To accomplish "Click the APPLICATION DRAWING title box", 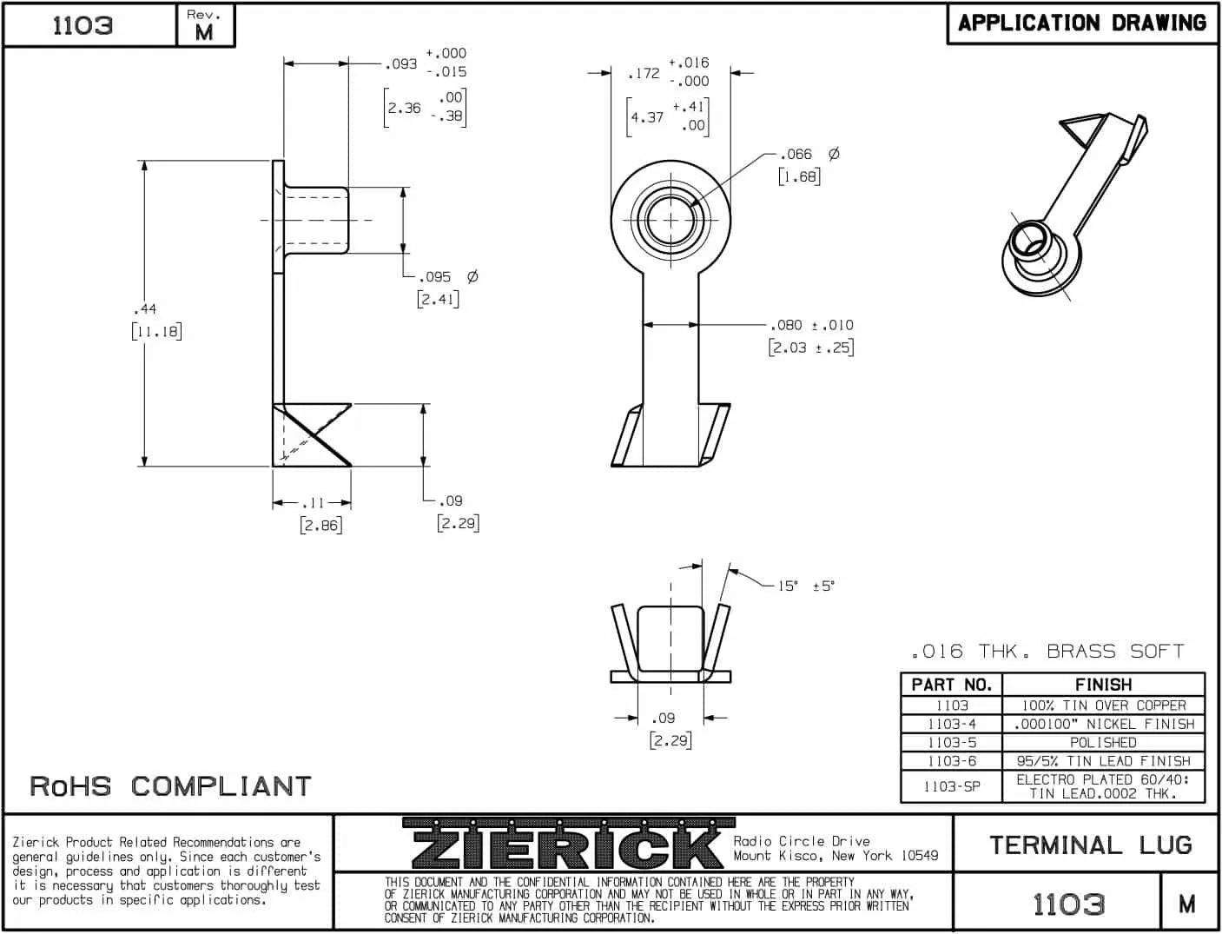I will click(x=1081, y=23).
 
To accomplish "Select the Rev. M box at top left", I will click(x=205, y=25).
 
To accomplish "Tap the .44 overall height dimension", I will click(x=145, y=309).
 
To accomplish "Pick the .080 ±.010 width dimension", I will click(x=811, y=326).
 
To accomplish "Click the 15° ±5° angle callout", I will click(x=805, y=586).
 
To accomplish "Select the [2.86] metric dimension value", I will click(x=320, y=526).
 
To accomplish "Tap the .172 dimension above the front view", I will click(x=644, y=74).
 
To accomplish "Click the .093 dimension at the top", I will click(x=401, y=64).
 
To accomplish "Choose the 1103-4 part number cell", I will click(x=951, y=724).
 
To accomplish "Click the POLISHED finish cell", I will click(x=1103, y=743).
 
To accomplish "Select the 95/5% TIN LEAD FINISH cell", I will click(x=1103, y=761).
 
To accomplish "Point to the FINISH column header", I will click(x=1103, y=685).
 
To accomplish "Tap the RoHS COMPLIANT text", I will click(x=170, y=786).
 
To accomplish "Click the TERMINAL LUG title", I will click(x=1090, y=845).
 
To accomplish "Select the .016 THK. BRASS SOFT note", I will click(x=1047, y=652).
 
